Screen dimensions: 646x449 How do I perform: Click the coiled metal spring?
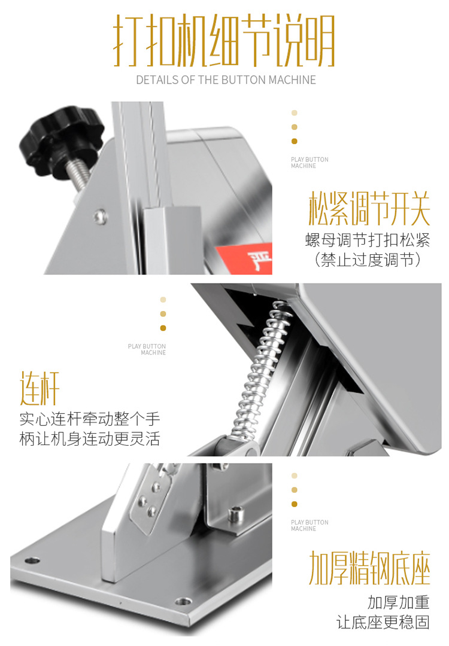click(259, 371)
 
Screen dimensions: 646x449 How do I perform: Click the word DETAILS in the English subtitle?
click(156, 80)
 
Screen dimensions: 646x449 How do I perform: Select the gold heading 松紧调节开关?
click(369, 209)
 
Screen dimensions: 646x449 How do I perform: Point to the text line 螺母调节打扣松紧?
click(368, 241)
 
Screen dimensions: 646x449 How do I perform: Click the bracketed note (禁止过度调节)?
click(368, 260)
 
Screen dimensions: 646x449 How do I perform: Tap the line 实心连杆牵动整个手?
click(90, 418)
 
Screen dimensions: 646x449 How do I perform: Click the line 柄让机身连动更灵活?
click(90, 438)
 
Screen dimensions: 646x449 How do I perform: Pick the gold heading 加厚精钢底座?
click(369, 569)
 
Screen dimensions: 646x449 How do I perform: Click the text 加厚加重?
click(399, 601)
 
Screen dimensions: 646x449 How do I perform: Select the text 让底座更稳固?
click(383, 622)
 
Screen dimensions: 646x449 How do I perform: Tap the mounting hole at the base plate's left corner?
click(31, 560)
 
